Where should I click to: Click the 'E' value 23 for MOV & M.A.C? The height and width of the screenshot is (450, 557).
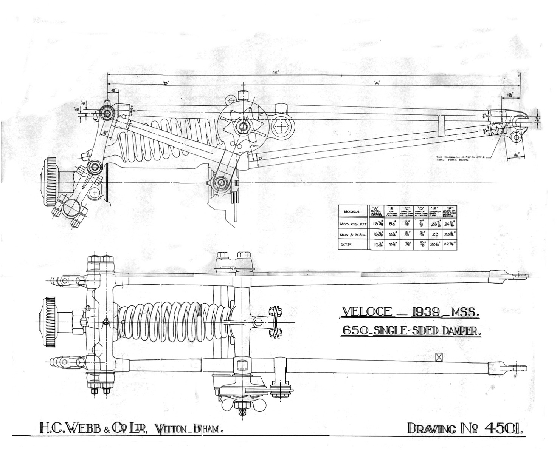(x=434, y=234)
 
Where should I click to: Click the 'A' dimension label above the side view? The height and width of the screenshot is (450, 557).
(x=377, y=83)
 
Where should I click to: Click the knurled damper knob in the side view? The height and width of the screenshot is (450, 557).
(x=50, y=182)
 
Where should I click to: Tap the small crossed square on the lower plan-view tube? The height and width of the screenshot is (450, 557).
(x=439, y=356)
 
